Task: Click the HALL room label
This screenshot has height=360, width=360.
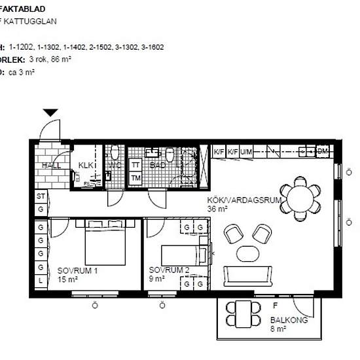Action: click(49, 166)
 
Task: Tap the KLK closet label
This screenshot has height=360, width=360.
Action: click(86, 166)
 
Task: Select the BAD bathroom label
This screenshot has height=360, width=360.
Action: click(158, 166)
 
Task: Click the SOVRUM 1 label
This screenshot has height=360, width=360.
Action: click(77, 270)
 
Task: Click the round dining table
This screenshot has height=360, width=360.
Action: click(301, 196)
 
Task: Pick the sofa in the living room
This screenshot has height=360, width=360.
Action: click(248, 276)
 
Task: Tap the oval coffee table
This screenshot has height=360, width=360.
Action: click(248, 253)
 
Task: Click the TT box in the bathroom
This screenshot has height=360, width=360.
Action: click(136, 165)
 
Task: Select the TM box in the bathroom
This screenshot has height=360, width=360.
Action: click(136, 178)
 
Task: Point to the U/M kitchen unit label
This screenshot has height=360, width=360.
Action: click(246, 153)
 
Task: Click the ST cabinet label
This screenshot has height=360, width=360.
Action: click(41, 196)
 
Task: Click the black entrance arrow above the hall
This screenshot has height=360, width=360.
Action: click(51, 113)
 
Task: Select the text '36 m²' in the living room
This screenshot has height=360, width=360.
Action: click(217, 209)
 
